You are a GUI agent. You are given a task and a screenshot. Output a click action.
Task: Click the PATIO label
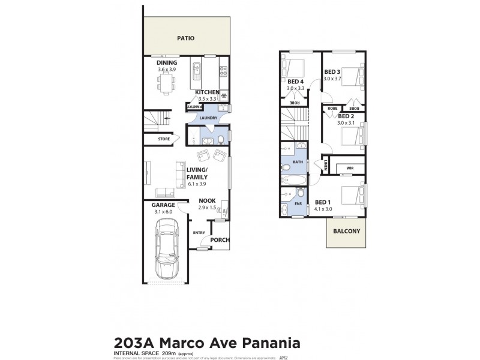pos(187,38)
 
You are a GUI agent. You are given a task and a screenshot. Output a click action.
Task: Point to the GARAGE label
pos(163,205)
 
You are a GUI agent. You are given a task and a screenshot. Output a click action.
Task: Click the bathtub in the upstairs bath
pos(293,180)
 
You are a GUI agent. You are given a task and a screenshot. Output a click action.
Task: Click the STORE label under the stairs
pos(164,139)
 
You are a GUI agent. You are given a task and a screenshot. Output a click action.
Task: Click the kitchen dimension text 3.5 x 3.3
pos(206,98)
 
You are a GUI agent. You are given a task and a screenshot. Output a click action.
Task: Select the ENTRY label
pos(199,233)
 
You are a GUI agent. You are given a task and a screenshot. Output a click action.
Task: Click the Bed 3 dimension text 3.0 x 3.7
pos(332,79)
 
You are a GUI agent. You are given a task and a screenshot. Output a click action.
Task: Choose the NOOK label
pos(207,201)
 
